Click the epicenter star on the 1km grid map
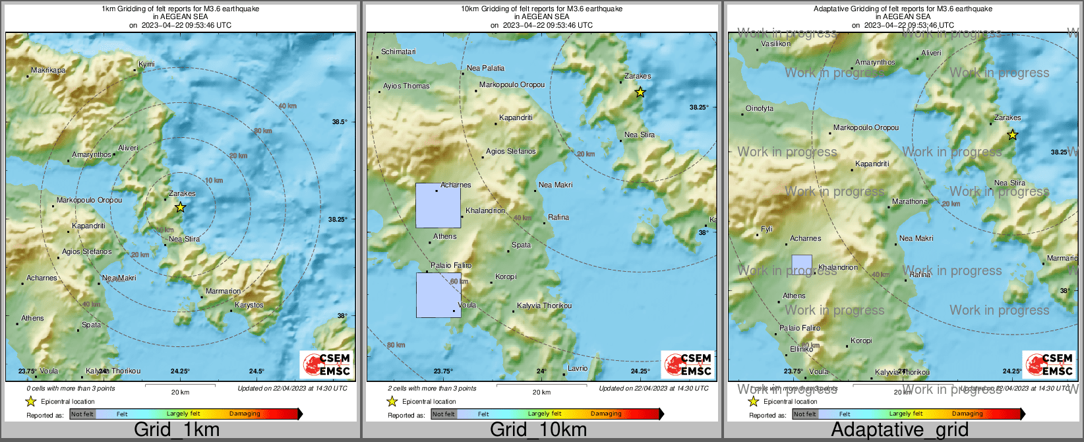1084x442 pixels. (180, 207)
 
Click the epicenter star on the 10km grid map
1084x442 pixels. (640, 92)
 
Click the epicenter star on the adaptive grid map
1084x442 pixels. (1012, 135)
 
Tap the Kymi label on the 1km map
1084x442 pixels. (146, 64)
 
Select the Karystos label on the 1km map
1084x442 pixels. (249, 305)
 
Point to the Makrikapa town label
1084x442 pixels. (48, 70)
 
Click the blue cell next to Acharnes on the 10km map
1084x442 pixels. (438, 205)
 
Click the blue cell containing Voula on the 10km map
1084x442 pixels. (438, 295)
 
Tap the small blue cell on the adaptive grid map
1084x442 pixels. (801, 265)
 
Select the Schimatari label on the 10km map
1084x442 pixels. (398, 51)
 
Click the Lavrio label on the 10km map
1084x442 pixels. (578, 368)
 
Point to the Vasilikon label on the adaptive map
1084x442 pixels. (775, 44)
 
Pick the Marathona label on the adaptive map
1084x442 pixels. (909, 201)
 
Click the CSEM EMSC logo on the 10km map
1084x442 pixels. (687, 365)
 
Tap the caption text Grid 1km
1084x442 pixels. (177, 429)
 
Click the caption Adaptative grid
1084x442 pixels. (899, 429)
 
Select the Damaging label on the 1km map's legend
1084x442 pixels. (245, 414)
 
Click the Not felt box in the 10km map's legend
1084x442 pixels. (443, 414)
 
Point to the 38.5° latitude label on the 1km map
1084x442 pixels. (339, 122)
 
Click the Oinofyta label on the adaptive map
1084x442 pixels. (760, 108)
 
